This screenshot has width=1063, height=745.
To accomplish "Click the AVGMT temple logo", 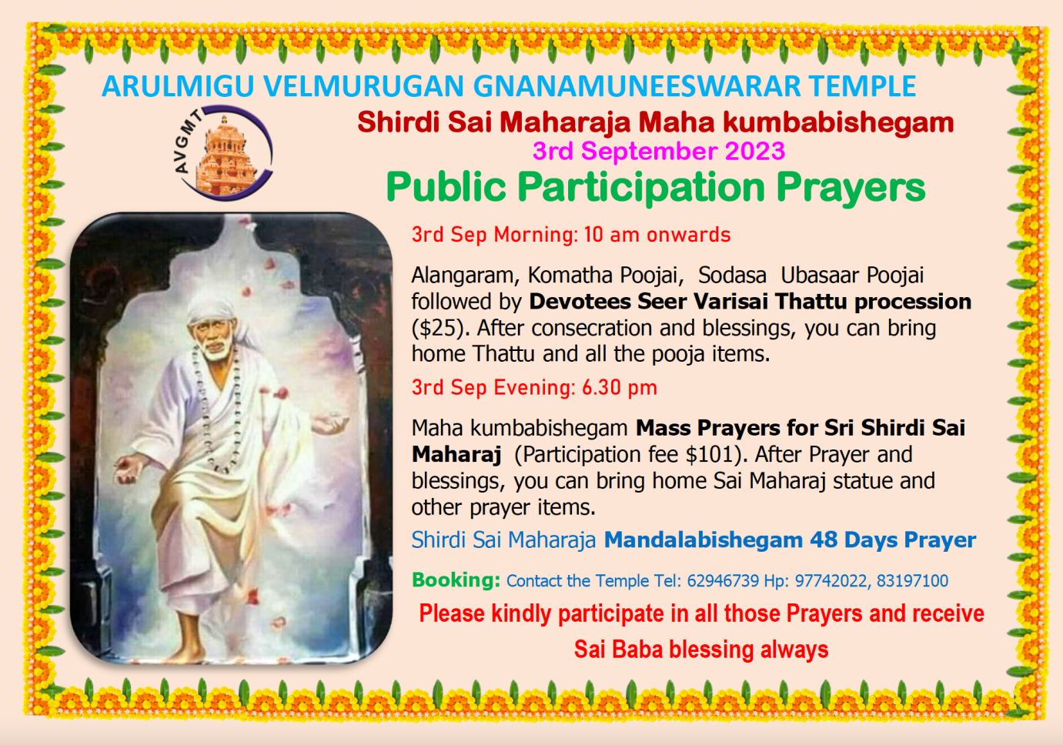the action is point(224,152).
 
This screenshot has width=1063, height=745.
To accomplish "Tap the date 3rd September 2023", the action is point(659,151).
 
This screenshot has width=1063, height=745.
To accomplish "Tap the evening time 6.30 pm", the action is point(620,387).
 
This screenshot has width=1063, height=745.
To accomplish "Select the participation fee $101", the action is point(708,454).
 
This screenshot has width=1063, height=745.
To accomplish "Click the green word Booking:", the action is point(456,580).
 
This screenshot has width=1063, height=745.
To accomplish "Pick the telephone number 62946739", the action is point(723,581).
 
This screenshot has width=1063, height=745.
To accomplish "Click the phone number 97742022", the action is point(831,581).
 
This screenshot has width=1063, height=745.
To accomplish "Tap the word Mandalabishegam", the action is point(703,540).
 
